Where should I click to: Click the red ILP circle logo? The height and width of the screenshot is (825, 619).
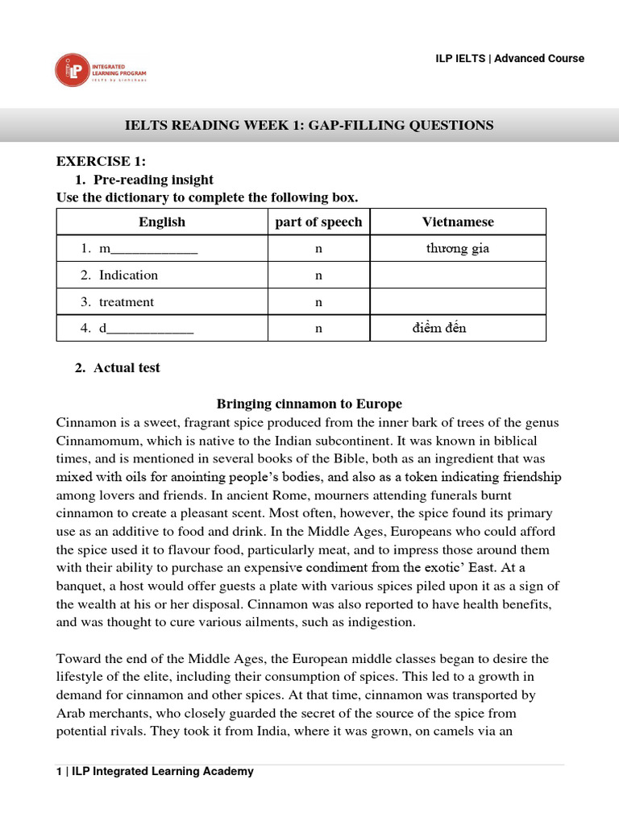(x=70, y=69)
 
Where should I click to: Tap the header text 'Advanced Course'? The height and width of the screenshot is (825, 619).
(x=539, y=58)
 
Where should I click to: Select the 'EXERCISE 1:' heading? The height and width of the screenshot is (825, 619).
(x=101, y=163)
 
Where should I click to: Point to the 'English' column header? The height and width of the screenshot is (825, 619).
(x=162, y=222)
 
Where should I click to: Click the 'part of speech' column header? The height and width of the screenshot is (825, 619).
(x=318, y=222)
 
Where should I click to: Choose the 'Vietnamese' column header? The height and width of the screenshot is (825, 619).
(x=458, y=222)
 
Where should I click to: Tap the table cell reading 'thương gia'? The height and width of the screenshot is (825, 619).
(x=458, y=248)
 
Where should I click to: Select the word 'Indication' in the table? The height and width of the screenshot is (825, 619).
(x=128, y=276)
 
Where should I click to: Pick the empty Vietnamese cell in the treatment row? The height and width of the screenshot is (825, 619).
(x=458, y=302)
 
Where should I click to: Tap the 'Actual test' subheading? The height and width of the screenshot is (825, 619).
(x=127, y=367)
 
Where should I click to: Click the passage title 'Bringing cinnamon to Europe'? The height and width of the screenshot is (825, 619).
(x=309, y=404)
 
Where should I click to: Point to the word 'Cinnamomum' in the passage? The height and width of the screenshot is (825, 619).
(x=95, y=442)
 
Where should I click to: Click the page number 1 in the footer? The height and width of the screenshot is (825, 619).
(x=60, y=771)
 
